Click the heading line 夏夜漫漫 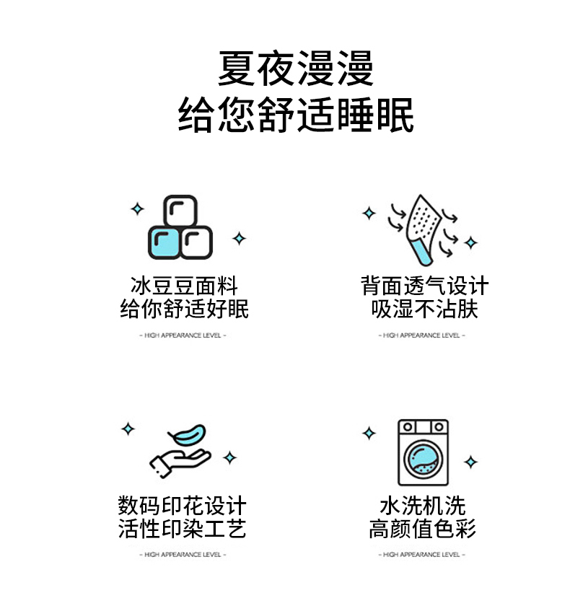pos(296,69)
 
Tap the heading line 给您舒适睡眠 pos(296,115)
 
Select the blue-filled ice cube pos(164,242)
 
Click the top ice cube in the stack pos(180,211)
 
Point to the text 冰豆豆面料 pos(184,286)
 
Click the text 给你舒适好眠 pos(184,309)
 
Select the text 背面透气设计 pos(424,286)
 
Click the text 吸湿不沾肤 pos(424,309)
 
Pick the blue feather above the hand pos(187,435)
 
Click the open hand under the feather pos(180,463)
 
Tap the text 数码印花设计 pos(182,506)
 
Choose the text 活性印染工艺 pos(182,529)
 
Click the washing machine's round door pos(423,459)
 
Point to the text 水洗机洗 pos(423,506)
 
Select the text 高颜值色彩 pos(423,529)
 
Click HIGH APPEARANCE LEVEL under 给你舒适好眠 pos(183,335)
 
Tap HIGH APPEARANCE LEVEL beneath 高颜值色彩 pos(421,554)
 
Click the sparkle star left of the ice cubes pos(137,209)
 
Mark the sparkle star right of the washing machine pos(470,462)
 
